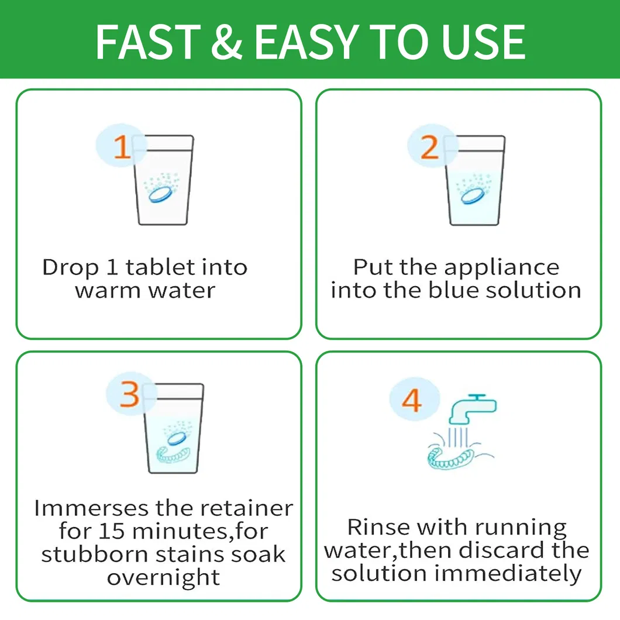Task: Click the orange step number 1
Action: pos(122,147)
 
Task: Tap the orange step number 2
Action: pos(430,147)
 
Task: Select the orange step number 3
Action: pos(129,394)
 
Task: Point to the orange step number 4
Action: pos(412,400)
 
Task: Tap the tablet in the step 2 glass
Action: pos(472,196)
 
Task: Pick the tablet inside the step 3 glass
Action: pos(176,438)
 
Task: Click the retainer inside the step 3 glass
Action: pos(173,454)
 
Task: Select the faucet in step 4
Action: pos(473,409)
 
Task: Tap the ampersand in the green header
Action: pos(227,42)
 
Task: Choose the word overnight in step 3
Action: pos(163,578)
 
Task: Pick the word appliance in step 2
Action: pos(501,268)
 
